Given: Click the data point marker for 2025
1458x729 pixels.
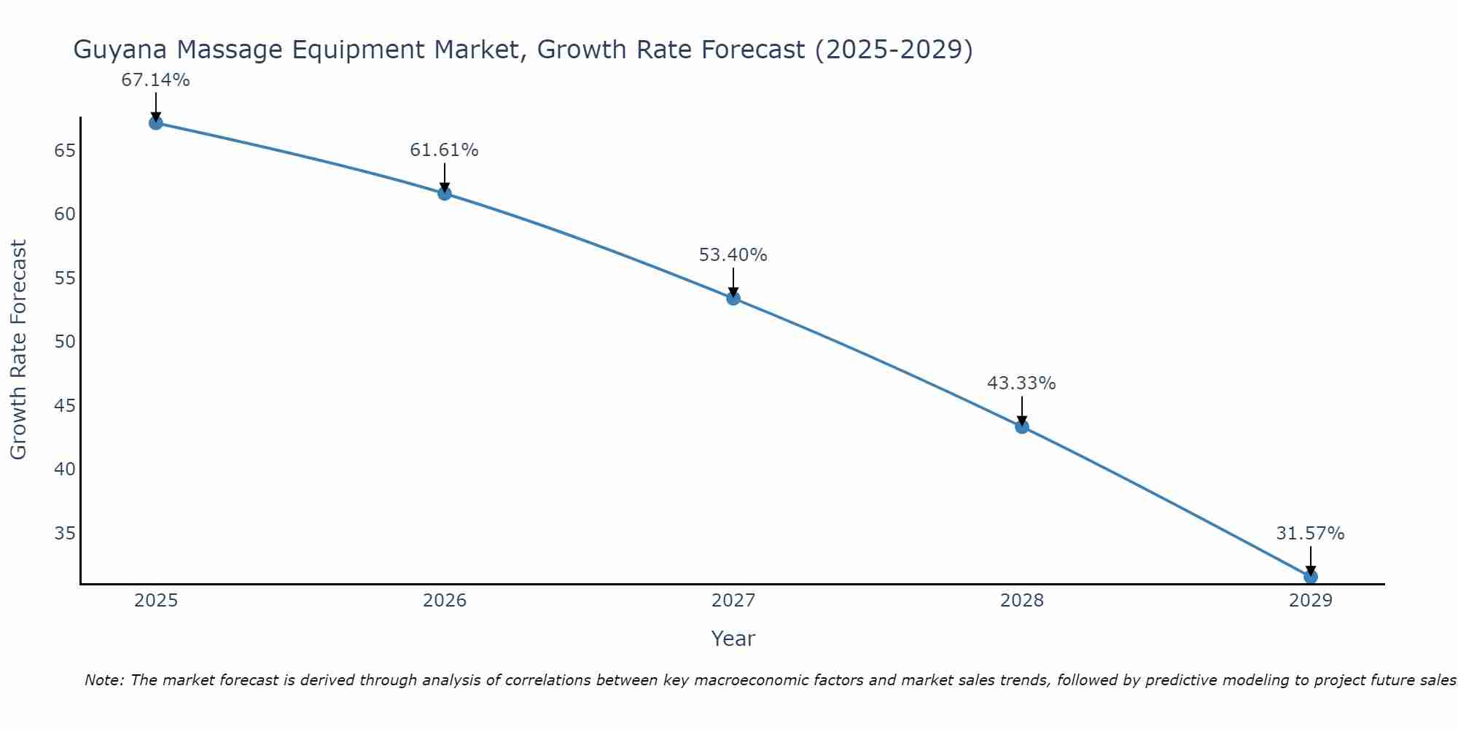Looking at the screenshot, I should [x=155, y=123].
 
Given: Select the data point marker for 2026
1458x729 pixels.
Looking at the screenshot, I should [x=445, y=193].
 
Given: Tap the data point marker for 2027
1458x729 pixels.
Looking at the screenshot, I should [x=733, y=297].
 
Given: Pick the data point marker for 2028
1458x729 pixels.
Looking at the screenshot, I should [x=1022, y=426].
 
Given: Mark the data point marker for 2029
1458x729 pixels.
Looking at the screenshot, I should [x=1310, y=577].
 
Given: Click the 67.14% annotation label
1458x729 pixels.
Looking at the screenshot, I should [x=155, y=80].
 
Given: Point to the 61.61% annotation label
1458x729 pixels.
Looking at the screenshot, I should [x=444, y=150].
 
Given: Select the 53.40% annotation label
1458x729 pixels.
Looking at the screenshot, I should [x=733, y=255].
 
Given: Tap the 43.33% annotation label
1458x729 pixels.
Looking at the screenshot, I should [x=1021, y=383].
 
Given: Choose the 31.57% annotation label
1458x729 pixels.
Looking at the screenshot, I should [x=1310, y=534].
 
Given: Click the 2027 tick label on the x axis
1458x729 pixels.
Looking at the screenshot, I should [x=733, y=601].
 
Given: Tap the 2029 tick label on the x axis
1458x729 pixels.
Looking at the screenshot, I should [x=1310, y=601].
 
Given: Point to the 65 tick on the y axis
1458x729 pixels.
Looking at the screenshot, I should [x=65, y=151].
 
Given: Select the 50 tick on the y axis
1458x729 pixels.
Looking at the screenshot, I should [x=65, y=342].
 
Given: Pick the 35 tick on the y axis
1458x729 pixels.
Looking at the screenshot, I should [x=65, y=533].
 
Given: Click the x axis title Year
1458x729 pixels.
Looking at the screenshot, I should [x=733, y=639].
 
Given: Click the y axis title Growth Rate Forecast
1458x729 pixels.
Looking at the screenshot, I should [x=18, y=350].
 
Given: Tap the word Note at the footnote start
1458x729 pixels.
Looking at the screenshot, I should [x=104, y=680].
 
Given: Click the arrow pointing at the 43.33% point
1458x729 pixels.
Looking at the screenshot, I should [x=1022, y=410].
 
